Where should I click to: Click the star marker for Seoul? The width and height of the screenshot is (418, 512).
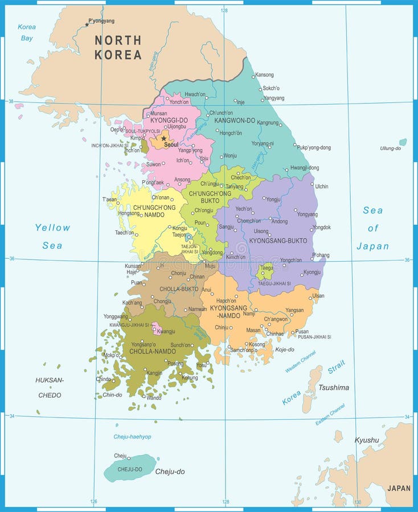coord(164,138)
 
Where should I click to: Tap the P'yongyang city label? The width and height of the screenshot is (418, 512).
coord(101,21)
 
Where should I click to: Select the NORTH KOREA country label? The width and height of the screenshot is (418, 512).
coord(118,47)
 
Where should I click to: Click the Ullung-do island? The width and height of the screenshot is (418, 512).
coord(403,142)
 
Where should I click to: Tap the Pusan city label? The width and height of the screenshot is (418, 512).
coord(302,331)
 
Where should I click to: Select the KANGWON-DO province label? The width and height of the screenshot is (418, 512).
coord(234,121)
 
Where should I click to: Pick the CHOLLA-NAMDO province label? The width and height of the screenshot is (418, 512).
coord(153,352)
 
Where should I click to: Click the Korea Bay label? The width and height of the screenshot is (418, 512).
coord(27,32)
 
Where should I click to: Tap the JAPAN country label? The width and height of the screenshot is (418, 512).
coord(398,488)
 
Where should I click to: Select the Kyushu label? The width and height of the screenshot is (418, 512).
coord(366,440)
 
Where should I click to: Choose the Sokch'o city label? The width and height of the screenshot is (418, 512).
coord(271,88)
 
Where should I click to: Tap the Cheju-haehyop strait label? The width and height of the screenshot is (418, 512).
coord(132,437)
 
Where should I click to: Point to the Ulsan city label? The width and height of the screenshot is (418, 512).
coord(318,296)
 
